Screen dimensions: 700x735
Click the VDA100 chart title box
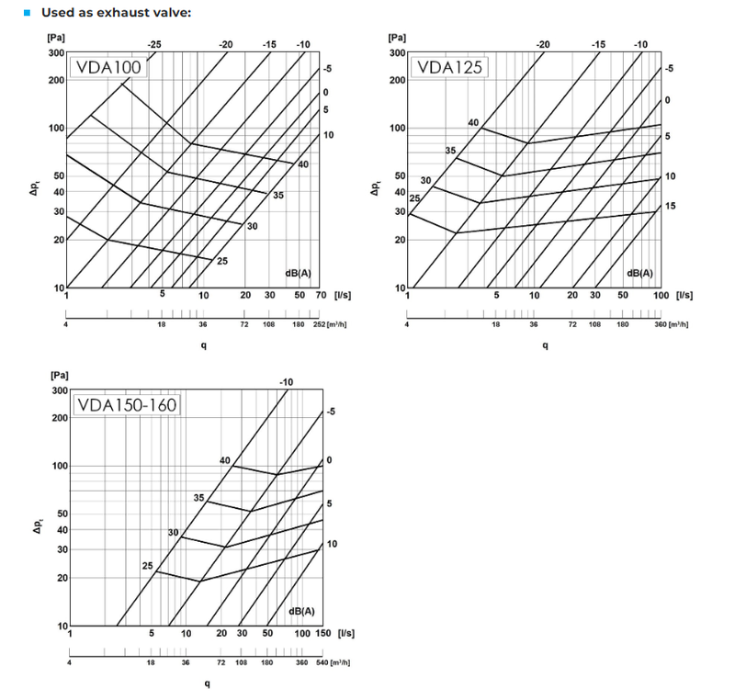click(x=106, y=69)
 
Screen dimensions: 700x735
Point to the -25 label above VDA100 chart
click(x=154, y=44)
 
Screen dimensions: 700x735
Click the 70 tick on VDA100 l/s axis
click(x=320, y=295)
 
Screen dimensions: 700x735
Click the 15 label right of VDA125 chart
click(x=670, y=206)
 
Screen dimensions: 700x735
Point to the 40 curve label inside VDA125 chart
click(x=474, y=123)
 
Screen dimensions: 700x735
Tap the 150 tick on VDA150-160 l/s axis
click(x=322, y=633)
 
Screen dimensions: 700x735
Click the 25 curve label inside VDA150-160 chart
click(x=148, y=566)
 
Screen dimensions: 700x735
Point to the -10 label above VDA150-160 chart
click(x=286, y=381)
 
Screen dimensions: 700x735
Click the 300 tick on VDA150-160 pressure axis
click(x=58, y=390)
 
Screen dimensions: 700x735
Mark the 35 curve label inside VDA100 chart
click(x=278, y=195)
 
